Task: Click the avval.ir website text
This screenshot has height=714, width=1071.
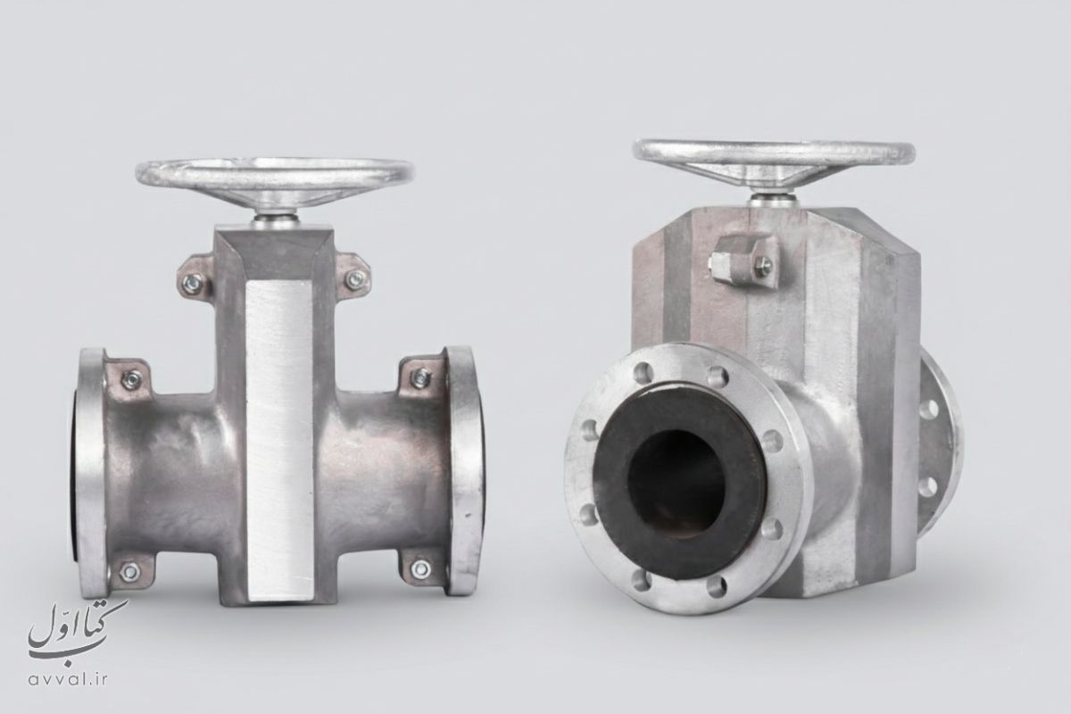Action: (x=68, y=679)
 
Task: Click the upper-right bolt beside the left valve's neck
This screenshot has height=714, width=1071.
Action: (x=355, y=278)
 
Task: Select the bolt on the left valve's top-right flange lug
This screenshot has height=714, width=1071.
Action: (x=420, y=378)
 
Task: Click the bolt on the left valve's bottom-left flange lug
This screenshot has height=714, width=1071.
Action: (x=129, y=571)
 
